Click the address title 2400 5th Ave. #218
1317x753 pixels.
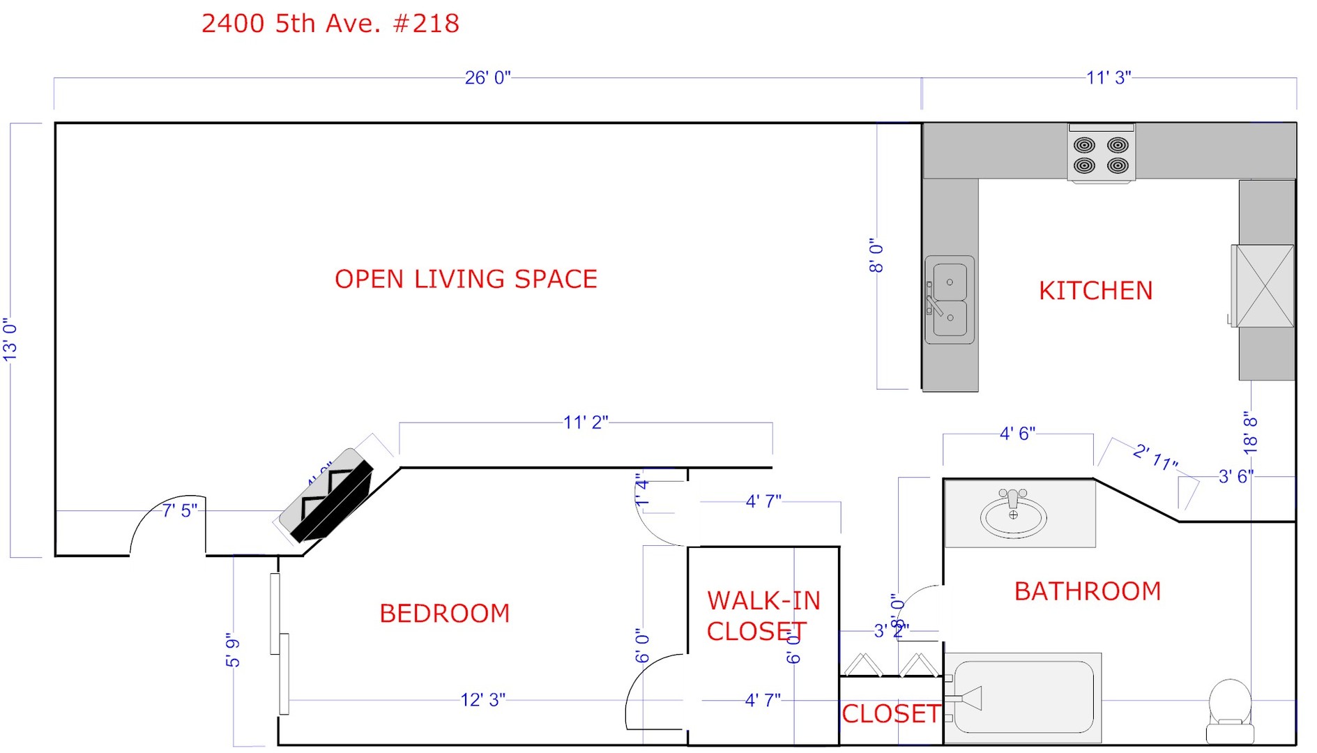click(x=330, y=24)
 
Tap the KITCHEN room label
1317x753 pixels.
click(x=1095, y=291)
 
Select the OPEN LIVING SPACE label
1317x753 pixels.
click(x=466, y=279)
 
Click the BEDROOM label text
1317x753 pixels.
click(x=444, y=614)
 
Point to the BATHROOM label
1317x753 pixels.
click(x=1087, y=591)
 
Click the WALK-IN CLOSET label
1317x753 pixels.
click(x=763, y=616)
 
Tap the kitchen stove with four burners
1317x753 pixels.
click(x=1101, y=154)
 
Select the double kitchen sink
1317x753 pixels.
click(x=950, y=300)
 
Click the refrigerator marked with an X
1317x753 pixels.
click(x=1263, y=286)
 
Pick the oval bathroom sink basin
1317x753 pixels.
click(x=1013, y=515)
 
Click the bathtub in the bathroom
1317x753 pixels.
click(x=1023, y=697)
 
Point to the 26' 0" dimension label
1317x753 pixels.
click(x=487, y=77)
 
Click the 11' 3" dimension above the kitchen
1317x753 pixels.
click(x=1108, y=77)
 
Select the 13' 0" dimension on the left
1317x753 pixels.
click(x=10, y=340)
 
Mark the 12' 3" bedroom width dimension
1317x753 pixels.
click(x=482, y=699)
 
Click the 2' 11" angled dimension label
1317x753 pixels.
click(x=1155, y=457)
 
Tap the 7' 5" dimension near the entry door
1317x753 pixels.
click(x=180, y=511)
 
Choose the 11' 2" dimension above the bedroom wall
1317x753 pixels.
click(x=586, y=423)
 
